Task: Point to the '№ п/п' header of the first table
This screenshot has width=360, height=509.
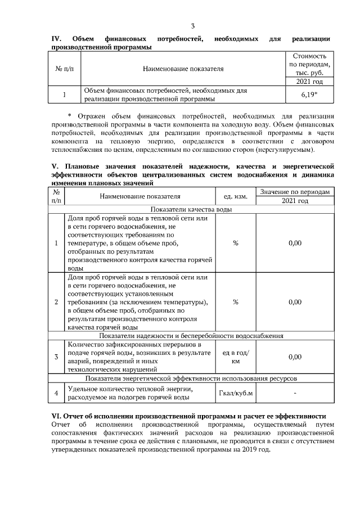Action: click(x=64, y=69)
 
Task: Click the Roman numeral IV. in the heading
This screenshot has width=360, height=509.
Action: click(x=56, y=39)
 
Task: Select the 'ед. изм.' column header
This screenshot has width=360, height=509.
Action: click(x=235, y=196)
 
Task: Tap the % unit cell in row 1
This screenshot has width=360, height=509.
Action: click(x=235, y=243)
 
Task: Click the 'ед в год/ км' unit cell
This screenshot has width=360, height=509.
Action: click(x=235, y=357)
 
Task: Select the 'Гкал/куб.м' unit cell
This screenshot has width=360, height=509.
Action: click(x=235, y=393)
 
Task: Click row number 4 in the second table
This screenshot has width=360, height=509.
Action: click(x=57, y=393)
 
